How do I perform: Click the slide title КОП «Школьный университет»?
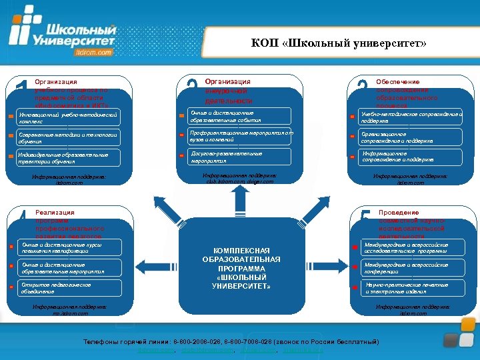[339, 44]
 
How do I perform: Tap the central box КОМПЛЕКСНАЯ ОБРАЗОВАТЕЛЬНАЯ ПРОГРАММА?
[241, 267]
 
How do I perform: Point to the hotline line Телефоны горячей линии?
[231, 342]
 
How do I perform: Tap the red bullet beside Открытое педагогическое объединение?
[11, 288]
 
